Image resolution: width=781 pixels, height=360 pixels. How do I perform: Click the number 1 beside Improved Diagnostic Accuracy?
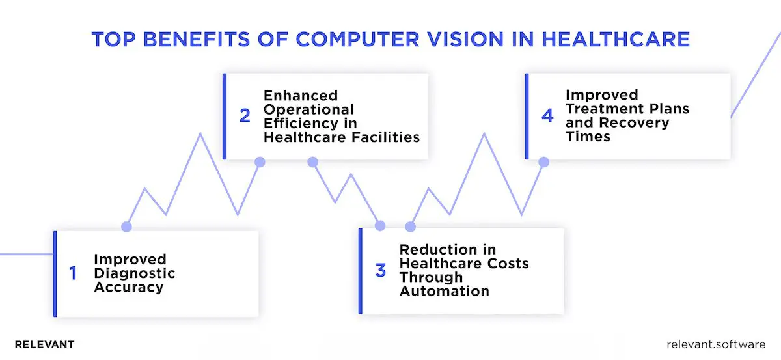[x=73, y=273]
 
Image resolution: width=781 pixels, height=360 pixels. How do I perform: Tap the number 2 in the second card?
[x=245, y=116]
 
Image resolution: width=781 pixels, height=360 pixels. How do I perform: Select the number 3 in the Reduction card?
[x=381, y=270]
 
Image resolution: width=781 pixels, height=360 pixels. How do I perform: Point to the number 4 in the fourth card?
[x=547, y=116]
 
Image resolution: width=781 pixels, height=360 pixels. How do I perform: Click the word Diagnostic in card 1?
[x=135, y=273]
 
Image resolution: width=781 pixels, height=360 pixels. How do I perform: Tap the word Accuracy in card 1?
[x=129, y=286]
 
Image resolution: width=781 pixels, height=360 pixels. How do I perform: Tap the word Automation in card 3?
[x=445, y=291]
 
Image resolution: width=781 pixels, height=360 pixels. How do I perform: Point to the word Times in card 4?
[x=588, y=137]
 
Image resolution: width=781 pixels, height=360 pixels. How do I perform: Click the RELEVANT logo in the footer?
[x=44, y=344]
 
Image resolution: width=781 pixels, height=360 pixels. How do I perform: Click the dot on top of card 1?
[x=126, y=227]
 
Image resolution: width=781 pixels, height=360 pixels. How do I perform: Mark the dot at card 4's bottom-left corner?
[x=544, y=161]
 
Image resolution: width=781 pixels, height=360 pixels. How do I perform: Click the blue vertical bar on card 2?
[x=225, y=116]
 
